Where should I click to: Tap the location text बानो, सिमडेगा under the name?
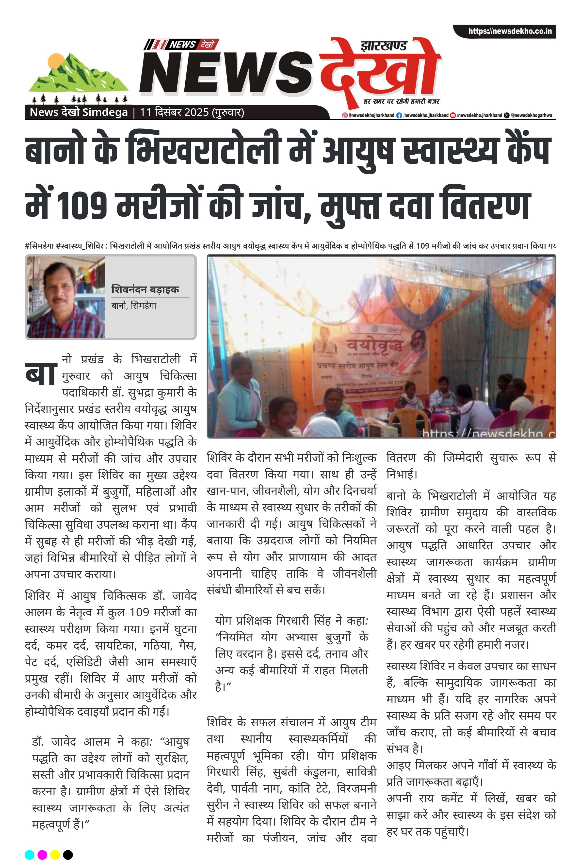(134, 306)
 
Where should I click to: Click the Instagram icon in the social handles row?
(344, 115)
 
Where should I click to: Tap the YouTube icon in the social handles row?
(452, 115)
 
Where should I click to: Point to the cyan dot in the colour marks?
(30, 854)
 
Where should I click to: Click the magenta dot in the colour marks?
(42, 854)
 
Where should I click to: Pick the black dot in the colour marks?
(68, 854)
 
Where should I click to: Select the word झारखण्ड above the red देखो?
(383, 46)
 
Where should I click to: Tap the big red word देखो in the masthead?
(379, 72)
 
